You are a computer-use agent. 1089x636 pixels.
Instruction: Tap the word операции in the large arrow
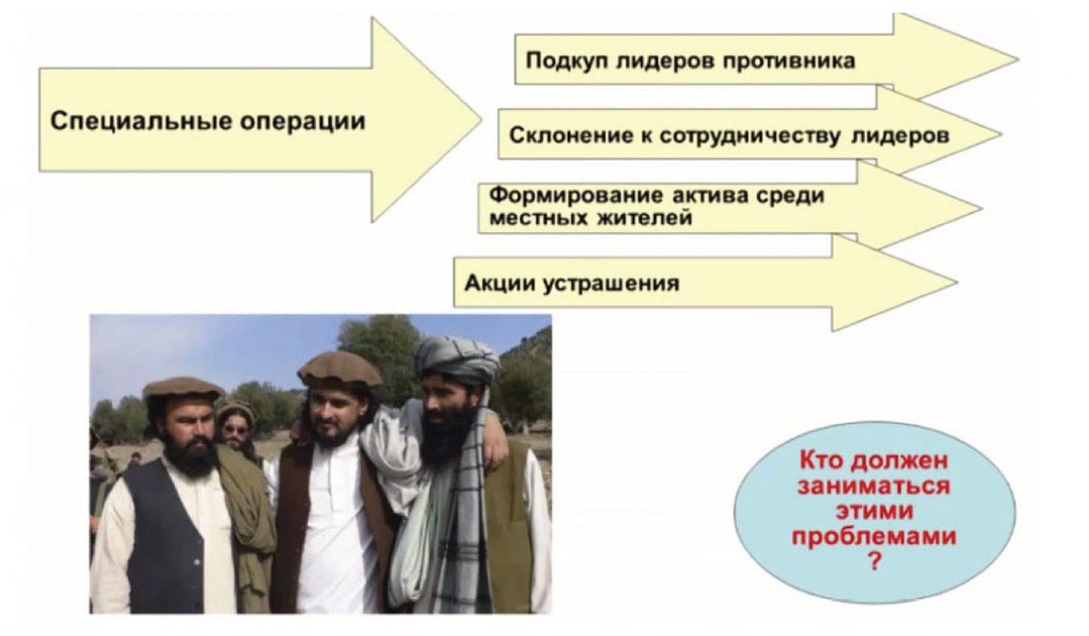tap(303, 121)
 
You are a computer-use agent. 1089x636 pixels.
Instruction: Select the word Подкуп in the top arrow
tap(567, 61)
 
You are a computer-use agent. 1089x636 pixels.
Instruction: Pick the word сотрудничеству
tap(750, 136)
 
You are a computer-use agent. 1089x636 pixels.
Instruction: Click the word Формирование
tap(576, 196)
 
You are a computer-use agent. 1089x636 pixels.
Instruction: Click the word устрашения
tap(611, 284)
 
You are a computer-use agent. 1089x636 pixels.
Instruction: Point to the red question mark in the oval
tap(875, 562)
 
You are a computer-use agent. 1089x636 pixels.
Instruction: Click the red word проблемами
tap(874, 536)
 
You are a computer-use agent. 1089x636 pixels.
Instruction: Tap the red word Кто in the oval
tap(824, 460)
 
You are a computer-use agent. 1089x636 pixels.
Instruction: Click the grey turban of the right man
tap(457, 358)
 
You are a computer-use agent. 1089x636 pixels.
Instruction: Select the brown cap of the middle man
tap(339, 368)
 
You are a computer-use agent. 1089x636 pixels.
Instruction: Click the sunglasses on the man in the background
tap(236, 430)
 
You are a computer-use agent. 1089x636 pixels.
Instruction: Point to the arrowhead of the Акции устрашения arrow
tap(895, 283)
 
